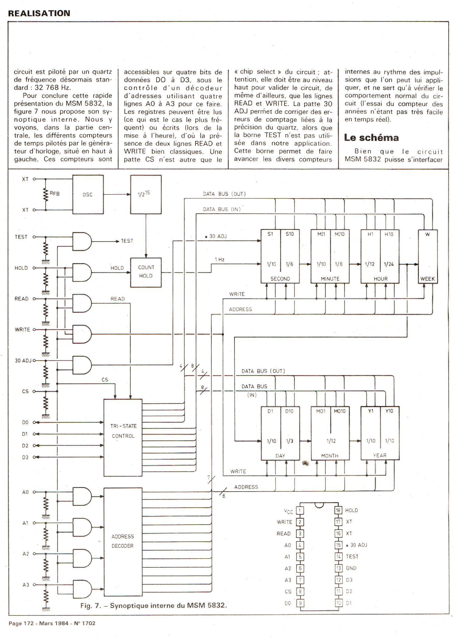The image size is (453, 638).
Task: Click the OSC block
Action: click(x=88, y=195)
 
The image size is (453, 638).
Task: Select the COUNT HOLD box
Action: click(x=146, y=272)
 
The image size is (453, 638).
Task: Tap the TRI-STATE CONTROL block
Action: click(x=123, y=437)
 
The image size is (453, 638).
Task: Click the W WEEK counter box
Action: click(x=428, y=257)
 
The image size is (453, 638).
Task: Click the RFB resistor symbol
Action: click(x=46, y=195)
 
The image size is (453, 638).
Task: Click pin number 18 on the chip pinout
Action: click(x=338, y=510)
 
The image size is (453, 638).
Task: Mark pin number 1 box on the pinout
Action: click(x=300, y=510)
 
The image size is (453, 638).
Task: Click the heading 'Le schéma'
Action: click(x=371, y=138)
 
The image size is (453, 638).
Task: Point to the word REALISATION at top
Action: click(x=39, y=13)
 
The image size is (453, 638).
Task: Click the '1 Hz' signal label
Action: click(x=219, y=260)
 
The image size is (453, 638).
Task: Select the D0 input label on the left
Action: click(x=25, y=422)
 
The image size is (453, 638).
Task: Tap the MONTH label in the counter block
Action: click(x=330, y=456)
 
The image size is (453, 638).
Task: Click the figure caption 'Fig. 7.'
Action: click(x=90, y=605)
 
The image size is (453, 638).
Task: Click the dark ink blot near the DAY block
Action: click(x=305, y=463)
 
